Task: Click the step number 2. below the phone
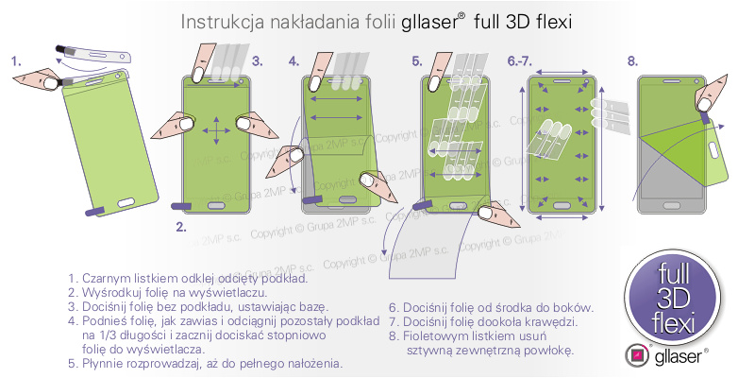click(181, 227)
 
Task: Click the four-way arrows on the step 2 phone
click(217, 129)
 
